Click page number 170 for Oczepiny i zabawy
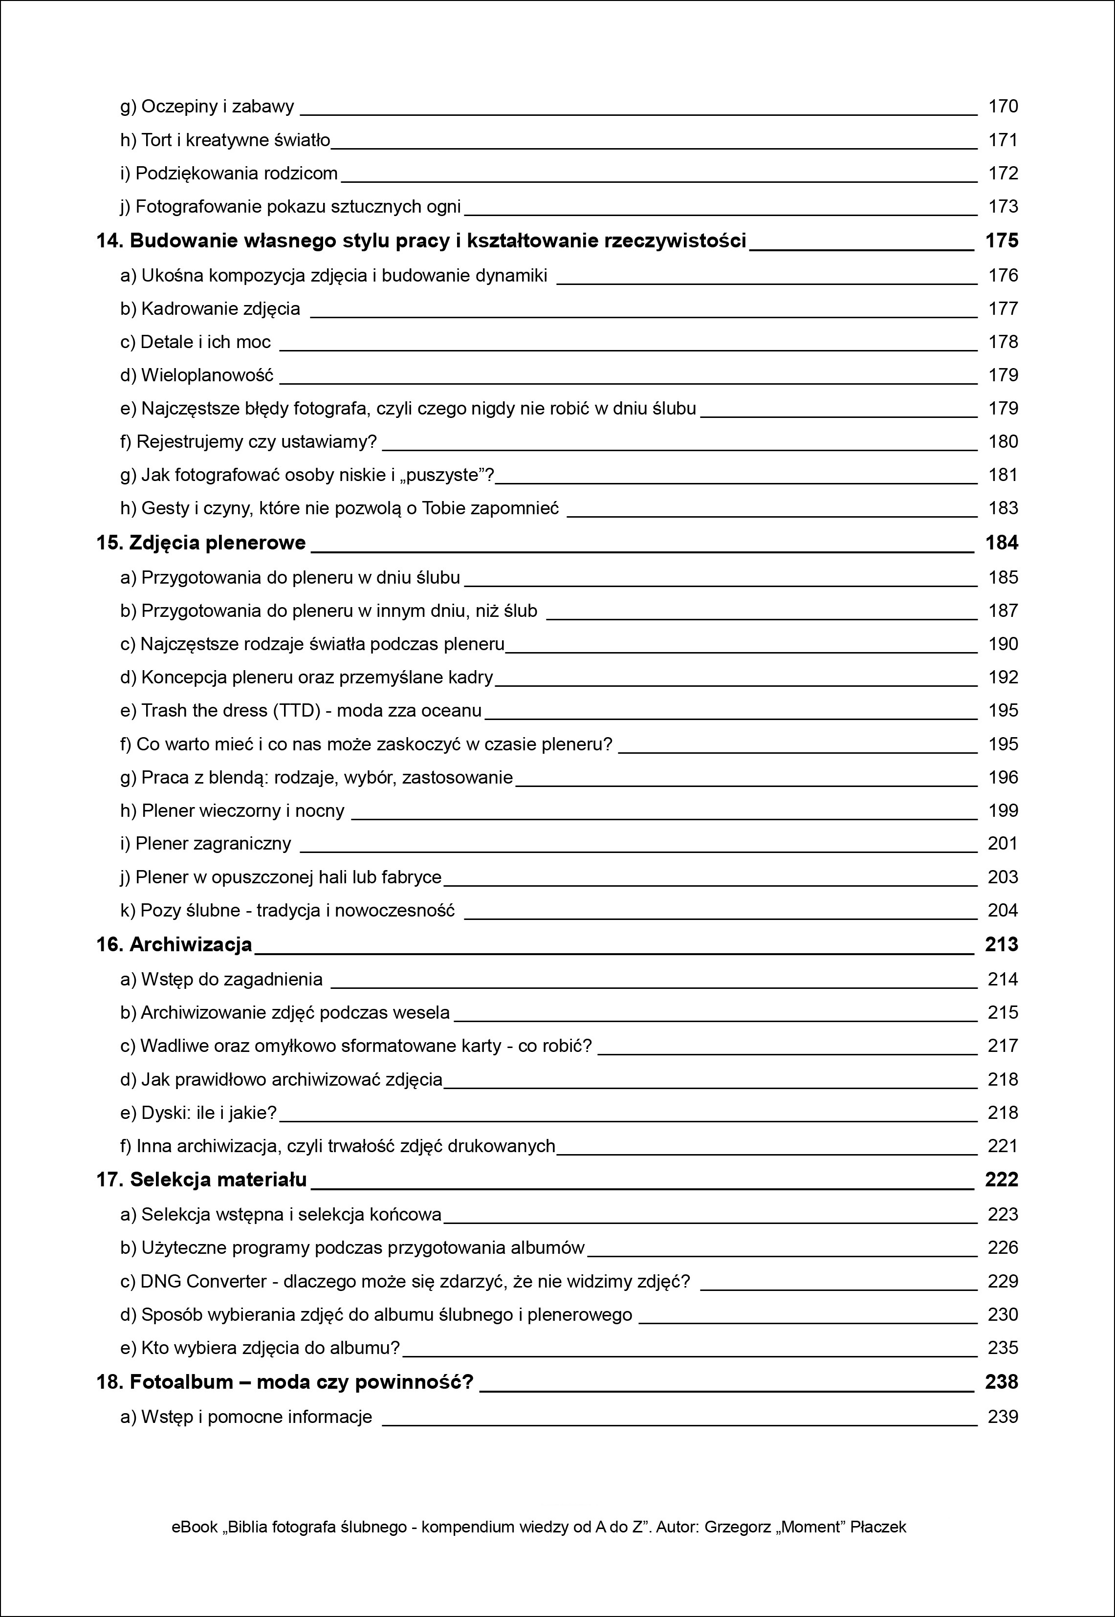point(1003,107)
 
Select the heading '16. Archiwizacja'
point(174,945)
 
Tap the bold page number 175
point(1001,241)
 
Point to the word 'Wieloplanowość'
point(207,376)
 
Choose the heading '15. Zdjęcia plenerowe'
point(201,544)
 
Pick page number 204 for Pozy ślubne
point(1003,911)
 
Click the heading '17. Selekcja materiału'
point(201,1180)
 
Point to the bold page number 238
point(1001,1382)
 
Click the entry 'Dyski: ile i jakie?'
point(198,1114)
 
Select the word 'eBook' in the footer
point(194,1528)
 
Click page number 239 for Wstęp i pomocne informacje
point(1003,1417)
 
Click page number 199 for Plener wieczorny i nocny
point(1003,811)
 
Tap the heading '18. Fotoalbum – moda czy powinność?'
point(285,1382)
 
